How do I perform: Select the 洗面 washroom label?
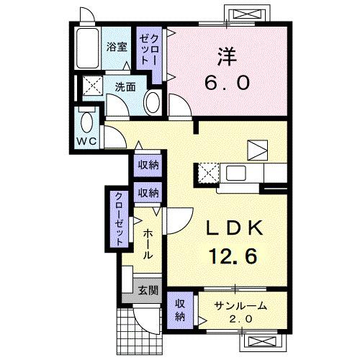125,87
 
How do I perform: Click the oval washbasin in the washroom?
153,102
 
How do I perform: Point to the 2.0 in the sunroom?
240,318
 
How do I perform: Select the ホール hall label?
147,244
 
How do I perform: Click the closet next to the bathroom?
149,48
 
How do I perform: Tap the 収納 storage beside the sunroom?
180,310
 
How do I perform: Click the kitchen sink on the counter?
235,173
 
